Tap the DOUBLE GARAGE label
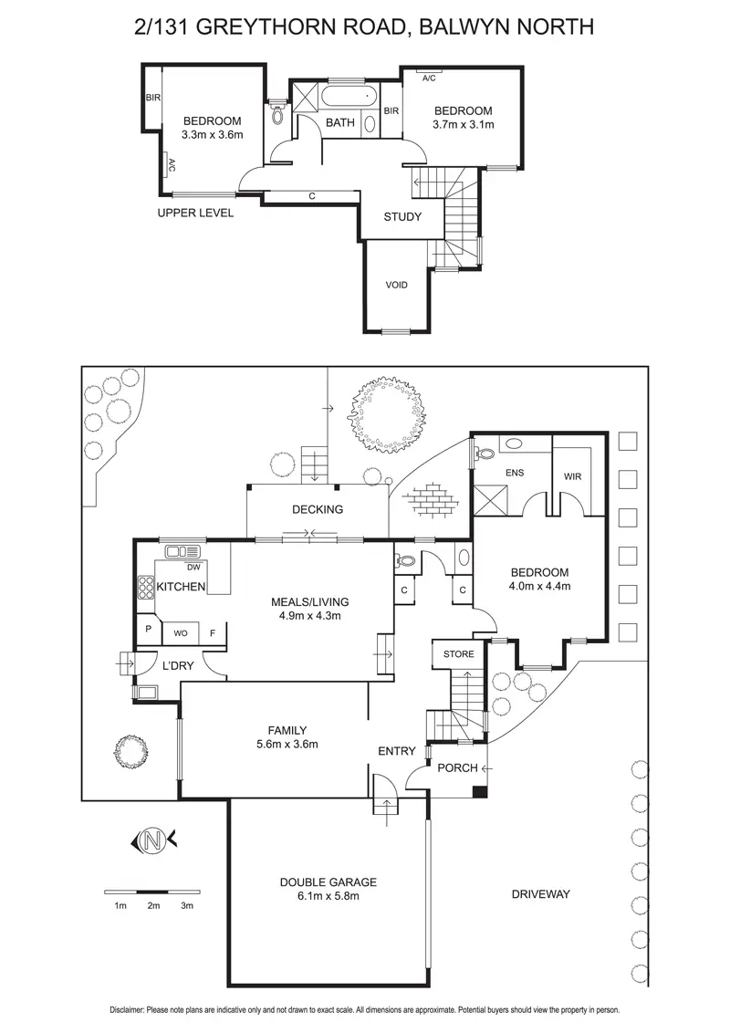328,882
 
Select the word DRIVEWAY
540,893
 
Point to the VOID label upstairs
396,285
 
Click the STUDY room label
402,217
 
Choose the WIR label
573,476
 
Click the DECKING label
318,509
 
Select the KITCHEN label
181,587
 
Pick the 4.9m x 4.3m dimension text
310,615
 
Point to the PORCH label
457,767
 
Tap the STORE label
458,654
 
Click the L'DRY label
177,666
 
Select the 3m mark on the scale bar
187,905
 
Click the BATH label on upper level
340,122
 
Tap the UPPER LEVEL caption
195,214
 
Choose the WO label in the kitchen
180,631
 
